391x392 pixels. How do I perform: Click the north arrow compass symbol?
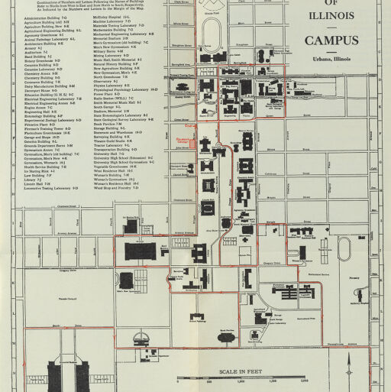coord(351,359)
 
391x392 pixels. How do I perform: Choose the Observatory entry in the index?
coord(107,80)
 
